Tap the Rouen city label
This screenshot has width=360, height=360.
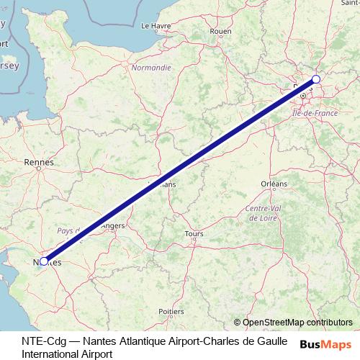click(x=220, y=31)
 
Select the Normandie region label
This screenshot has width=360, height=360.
click(x=151, y=68)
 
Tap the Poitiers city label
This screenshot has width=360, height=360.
click(x=171, y=312)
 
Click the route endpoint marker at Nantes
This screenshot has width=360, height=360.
click(x=44, y=261)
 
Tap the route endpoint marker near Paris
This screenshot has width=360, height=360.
click(x=315, y=80)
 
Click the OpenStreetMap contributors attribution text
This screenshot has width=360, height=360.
click(x=293, y=323)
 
